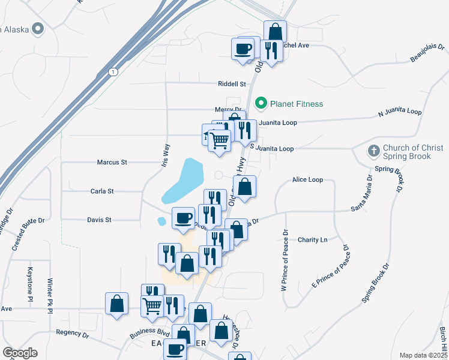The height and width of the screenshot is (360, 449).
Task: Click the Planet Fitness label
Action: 297,104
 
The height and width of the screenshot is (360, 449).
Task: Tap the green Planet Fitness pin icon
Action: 261,104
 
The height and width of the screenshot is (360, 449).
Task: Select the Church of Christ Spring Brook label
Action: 414,152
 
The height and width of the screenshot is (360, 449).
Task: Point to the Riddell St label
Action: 233,85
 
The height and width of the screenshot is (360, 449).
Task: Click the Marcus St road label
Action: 112,162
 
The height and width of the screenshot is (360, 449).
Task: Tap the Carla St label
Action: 102,191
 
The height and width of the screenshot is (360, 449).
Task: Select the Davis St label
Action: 100,220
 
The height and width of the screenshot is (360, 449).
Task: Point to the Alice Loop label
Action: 307,179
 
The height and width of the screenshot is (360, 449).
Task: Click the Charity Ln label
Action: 313,240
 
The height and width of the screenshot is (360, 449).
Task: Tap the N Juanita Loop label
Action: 400,112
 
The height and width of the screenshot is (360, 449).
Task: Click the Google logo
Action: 20,353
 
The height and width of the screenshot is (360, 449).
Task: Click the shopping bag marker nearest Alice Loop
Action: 245,187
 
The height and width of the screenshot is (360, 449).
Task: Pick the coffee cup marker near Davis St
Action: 184,217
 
